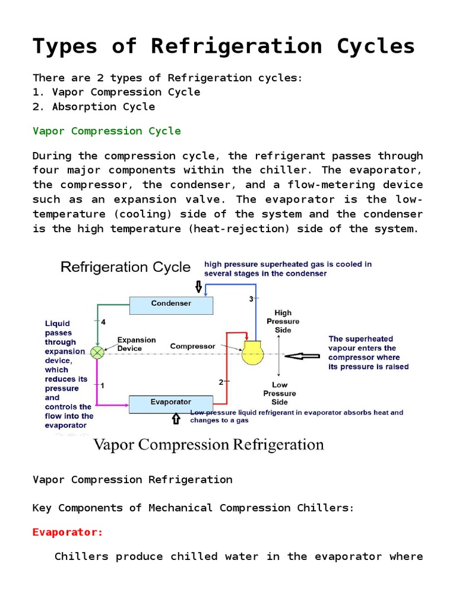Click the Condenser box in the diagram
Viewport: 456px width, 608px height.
pyautogui.click(x=171, y=304)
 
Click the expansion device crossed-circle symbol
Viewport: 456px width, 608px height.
pyautogui.click(x=97, y=352)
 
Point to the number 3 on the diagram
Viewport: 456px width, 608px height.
pyautogui.click(x=251, y=298)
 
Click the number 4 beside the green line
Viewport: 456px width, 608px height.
pyautogui.click(x=103, y=322)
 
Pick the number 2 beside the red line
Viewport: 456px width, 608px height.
pyautogui.click(x=221, y=382)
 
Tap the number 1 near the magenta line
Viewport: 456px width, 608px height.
pyautogui.click(x=102, y=385)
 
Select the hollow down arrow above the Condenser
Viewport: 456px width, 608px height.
pyautogui.click(x=198, y=286)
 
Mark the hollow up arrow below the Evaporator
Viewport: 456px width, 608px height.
pyautogui.click(x=176, y=419)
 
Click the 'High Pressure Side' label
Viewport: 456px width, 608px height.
pyautogui.click(x=283, y=321)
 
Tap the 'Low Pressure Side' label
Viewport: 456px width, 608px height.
pyautogui.click(x=280, y=394)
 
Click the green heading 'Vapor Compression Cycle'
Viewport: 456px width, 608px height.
pyautogui.click(x=107, y=131)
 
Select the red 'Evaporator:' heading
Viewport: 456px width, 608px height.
pyautogui.click(x=68, y=532)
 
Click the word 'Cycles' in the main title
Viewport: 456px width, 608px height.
pyautogui.click(x=365, y=46)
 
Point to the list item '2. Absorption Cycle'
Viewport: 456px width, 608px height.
pyautogui.click(x=94, y=107)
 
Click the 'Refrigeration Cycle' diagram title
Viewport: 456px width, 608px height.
pyautogui.click(x=125, y=267)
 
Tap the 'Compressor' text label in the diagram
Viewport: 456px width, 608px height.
pyautogui.click(x=192, y=346)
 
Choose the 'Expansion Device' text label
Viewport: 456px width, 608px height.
pyautogui.click(x=137, y=344)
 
